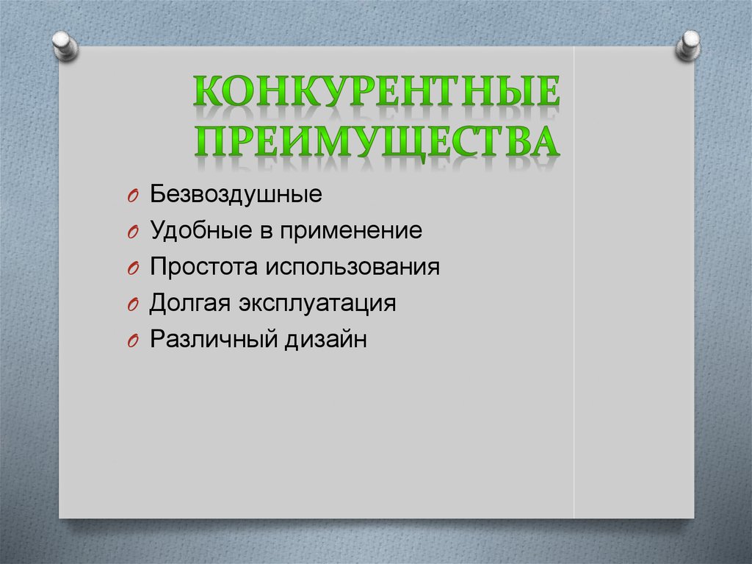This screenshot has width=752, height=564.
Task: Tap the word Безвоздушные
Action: coord(236,196)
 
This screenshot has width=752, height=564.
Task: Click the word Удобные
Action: coord(192,232)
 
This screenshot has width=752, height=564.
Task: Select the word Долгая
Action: coord(184,303)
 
